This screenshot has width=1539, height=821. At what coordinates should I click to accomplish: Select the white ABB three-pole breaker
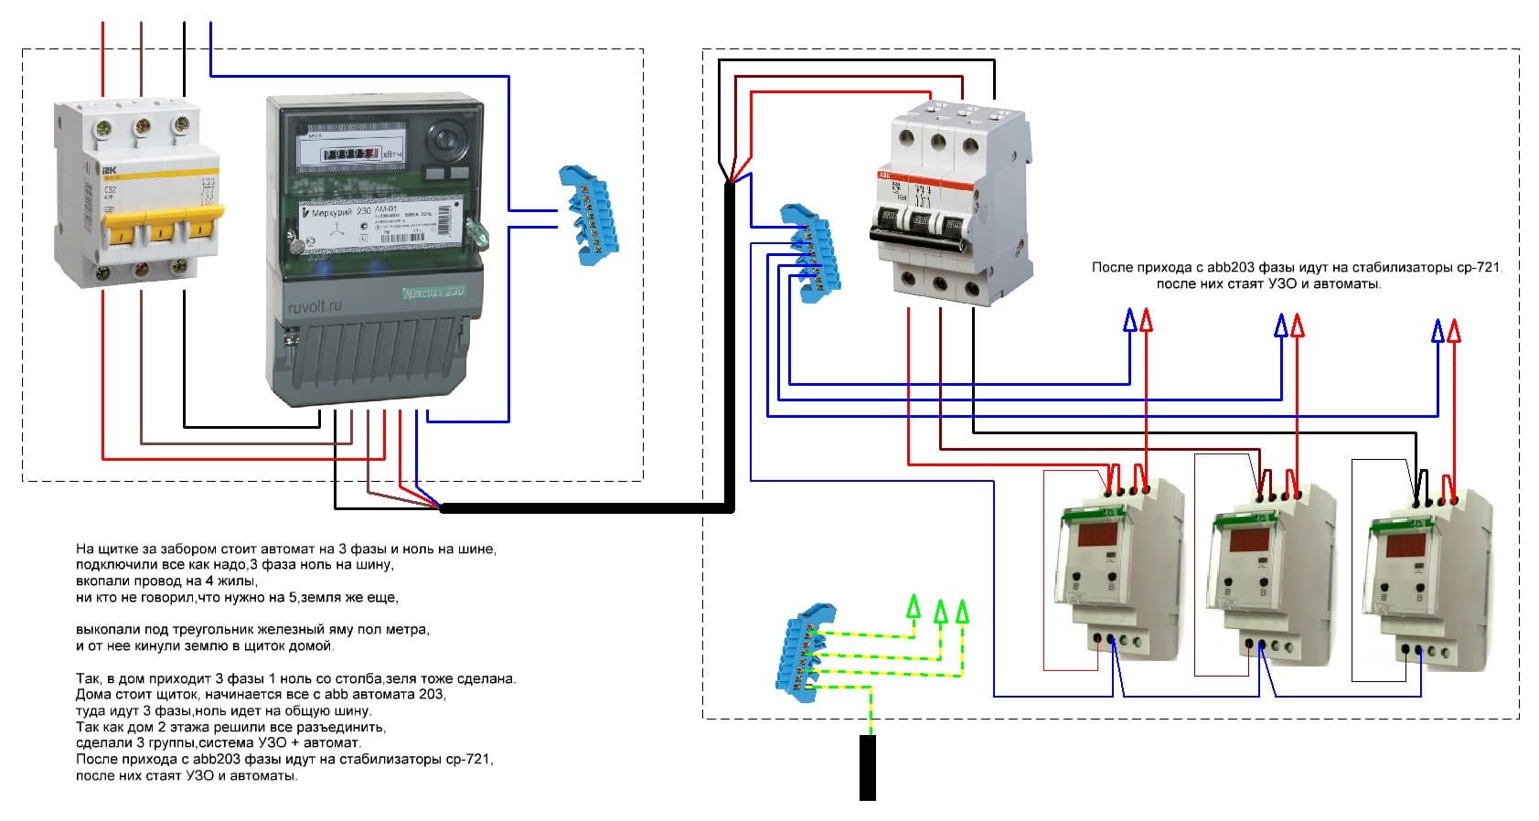tap(951, 201)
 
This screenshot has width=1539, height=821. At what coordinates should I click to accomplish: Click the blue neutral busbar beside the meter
tap(588, 216)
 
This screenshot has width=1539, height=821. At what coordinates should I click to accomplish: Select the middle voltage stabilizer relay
tap(1266, 571)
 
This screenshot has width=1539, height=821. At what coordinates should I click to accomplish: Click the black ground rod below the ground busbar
tap(867, 767)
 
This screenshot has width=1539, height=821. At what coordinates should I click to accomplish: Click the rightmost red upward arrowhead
tap(1454, 329)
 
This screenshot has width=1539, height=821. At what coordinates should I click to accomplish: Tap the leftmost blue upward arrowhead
tap(1130, 319)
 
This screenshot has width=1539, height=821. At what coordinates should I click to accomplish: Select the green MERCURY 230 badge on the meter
tap(433, 293)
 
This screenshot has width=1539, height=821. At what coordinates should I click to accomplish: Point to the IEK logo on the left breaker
tap(110, 171)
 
